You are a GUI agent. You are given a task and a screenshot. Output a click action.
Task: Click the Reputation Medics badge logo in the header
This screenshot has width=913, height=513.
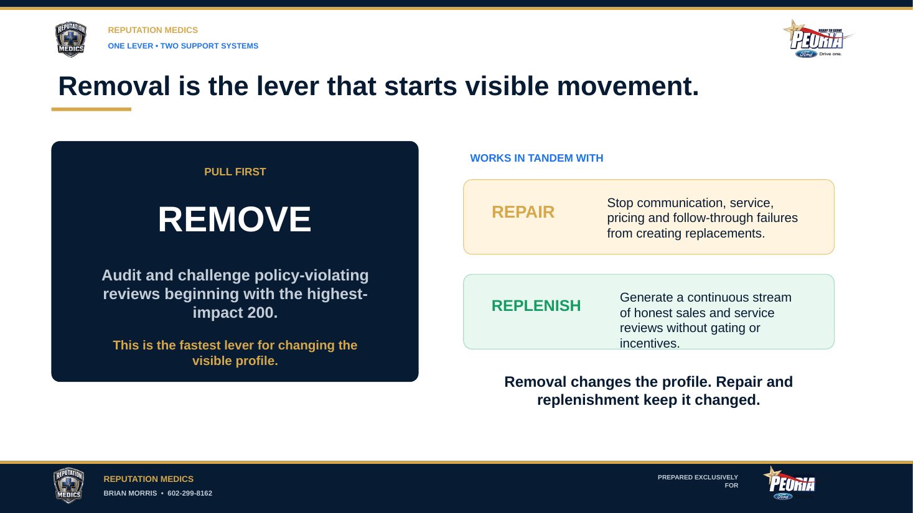(70, 40)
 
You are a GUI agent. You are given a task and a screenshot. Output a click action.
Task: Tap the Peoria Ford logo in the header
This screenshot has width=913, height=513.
(818, 39)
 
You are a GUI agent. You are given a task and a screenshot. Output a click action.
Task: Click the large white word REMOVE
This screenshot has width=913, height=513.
(235, 220)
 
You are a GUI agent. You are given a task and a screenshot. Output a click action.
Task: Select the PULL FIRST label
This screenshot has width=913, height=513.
(235, 172)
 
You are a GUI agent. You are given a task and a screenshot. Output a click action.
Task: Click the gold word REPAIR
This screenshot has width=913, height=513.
(523, 212)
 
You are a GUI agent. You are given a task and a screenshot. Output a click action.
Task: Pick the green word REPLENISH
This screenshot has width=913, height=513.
(536, 306)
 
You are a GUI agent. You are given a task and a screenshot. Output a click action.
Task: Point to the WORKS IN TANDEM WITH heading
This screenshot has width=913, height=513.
(536, 158)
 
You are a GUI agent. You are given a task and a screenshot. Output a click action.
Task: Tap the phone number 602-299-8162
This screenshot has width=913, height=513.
(190, 493)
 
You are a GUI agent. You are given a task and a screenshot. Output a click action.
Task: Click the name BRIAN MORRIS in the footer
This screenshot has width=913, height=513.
(130, 493)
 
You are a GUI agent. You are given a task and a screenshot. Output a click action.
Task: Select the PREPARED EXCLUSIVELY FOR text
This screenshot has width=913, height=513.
(698, 481)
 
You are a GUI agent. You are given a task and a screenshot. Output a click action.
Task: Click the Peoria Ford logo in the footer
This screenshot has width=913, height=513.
(790, 484)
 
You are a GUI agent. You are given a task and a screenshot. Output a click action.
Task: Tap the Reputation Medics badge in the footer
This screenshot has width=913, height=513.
(68, 485)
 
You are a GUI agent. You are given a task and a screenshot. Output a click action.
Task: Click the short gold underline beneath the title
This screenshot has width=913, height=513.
(91, 109)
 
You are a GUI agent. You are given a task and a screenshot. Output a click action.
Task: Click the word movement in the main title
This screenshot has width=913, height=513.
(628, 86)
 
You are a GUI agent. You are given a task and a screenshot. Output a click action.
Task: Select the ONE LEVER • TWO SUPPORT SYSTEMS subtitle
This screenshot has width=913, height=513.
(183, 46)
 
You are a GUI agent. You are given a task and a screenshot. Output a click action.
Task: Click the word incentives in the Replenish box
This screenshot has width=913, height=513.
(650, 344)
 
